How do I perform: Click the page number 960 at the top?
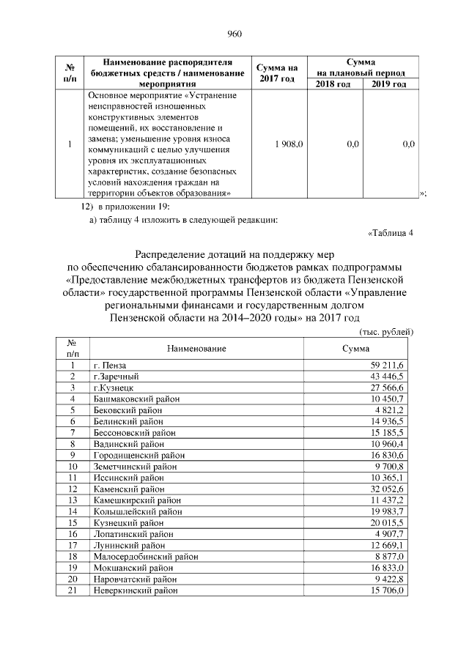pyautogui.click(x=234, y=34)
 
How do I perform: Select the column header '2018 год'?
pyautogui.click(x=333, y=84)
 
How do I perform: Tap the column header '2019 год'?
pyautogui.click(x=389, y=84)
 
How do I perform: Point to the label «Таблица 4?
pyautogui.click(x=390, y=234)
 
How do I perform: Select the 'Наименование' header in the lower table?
pyautogui.click(x=195, y=348)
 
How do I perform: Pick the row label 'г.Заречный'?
pyautogui.click(x=114, y=376)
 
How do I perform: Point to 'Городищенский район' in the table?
pyautogui.click(x=134, y=455)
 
